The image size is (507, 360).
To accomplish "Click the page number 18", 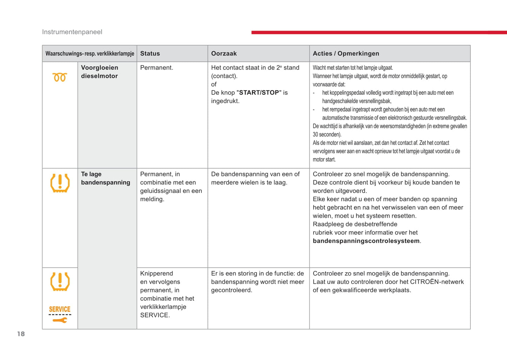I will click(x=21, y=334).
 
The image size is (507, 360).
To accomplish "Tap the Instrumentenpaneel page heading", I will click(x=72, y=32).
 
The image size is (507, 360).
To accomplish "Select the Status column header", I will click(x=150, y=54).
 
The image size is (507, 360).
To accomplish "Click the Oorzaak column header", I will click(x=224, y=54).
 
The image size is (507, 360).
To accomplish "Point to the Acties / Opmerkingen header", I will click(x=346, y=54).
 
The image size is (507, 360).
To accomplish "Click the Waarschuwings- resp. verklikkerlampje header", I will click(x=90, y=54).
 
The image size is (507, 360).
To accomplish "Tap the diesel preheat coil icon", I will click(x=60, y=77).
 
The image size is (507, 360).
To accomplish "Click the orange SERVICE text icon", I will click(x=60, y=309).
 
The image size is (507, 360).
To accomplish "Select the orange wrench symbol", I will click(x=60, y=320).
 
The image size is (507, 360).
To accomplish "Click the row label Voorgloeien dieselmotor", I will click(x=100, y=72).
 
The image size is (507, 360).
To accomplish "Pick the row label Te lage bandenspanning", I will click(x=105, y=178).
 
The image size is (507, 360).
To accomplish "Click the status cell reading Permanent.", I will click(x=156, y=68).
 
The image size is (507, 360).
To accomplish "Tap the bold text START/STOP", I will click(x=259, y=93).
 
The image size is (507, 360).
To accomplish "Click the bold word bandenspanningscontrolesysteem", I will click(x=366, y=241).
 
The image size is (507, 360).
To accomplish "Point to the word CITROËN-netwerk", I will click(x=437, y=282).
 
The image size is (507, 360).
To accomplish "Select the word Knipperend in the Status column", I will click(x=156, y=273).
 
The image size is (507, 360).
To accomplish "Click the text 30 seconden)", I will click(x=327, y=134).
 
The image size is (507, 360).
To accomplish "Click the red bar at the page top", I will click(x=379, y=32).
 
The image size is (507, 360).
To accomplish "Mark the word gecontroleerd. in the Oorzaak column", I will click(x=232, y=290).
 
